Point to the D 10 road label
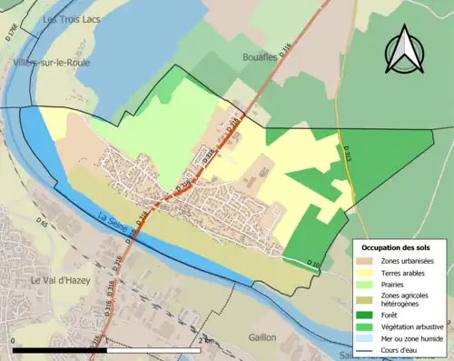pyautogui.click(x=313, y=264)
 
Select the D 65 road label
pyautogui.click(x=42, y=222)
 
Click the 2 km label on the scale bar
pyautogui.click(x=208, y=340)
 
